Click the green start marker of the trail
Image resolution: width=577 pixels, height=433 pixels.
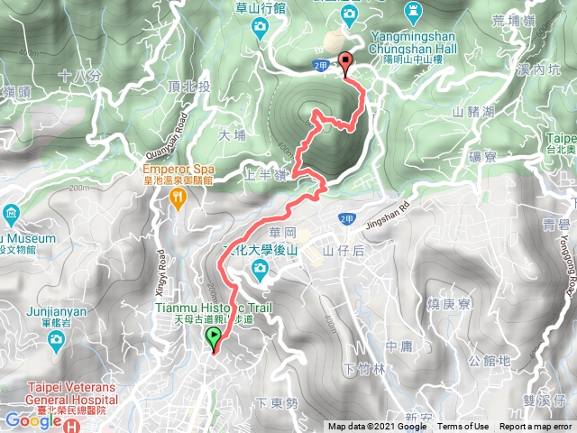pos(214,339)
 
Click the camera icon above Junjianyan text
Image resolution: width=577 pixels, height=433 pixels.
pos(56,339)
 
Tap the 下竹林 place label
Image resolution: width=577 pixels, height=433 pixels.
pos(364,369)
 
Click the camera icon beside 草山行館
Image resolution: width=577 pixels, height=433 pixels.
pos(260,28)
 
